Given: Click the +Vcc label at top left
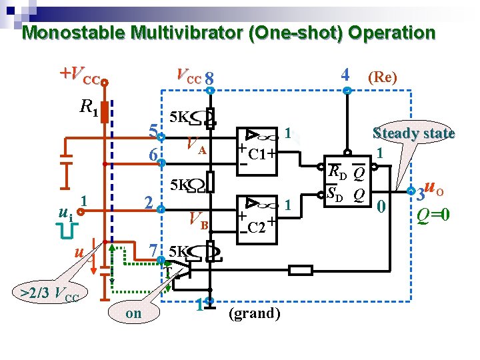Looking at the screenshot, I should (x=80, y=75).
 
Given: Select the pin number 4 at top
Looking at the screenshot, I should (x=345, y=74).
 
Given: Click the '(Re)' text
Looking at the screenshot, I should (x=383, y=77).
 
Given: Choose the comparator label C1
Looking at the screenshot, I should (x=257, y=155).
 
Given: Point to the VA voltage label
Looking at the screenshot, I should (x=196, y=146).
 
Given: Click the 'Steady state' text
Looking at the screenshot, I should (x=413, y=133).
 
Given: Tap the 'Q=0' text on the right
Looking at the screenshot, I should (x=433, y=215).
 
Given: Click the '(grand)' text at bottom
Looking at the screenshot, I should (x=254, y=313).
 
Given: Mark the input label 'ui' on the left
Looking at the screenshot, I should (x=64, y=214).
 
